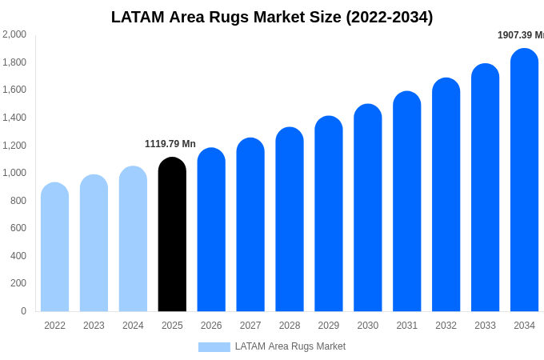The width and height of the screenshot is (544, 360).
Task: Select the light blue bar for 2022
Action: pyautogui.click(x=54, y=247)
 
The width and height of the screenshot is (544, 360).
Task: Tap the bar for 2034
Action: pyautogui.click(x=524, y=180)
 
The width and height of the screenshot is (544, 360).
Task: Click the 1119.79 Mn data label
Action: pyautogui.click(x=170, y=144)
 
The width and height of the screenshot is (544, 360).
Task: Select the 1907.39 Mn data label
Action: pyautogui.click(x=521, y=35)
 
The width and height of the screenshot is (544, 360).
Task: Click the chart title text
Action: pyautogui.click(x=272, y=17)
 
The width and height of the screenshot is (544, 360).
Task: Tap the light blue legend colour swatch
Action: pyautogui.click(x=214, y=347)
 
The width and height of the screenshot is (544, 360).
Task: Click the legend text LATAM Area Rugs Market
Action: pyautogui.click(x=290, y=346)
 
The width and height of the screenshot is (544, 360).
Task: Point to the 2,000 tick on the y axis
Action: pyautogui.click(x=14, y=34)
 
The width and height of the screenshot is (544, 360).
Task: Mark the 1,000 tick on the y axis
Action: pyautogui.click(x=14, y=173)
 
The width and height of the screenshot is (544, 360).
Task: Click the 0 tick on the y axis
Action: pyautogui.click(x=23, y=311)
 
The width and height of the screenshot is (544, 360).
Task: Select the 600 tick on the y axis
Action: pyautogui.click(x=18, y=228)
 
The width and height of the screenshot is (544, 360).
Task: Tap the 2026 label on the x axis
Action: pyautogui.click(x=211, y=326)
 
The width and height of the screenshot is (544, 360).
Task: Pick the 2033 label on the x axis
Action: pyautogui.click(x=485, y=326)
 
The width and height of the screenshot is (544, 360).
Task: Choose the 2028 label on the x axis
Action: pyautogui.click(x=290, y=326)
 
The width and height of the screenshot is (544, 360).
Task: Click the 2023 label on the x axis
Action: pyautogui.click(x=94, y=326)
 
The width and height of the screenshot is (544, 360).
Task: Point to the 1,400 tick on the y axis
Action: pyautogui.click(x=14, y=118)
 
